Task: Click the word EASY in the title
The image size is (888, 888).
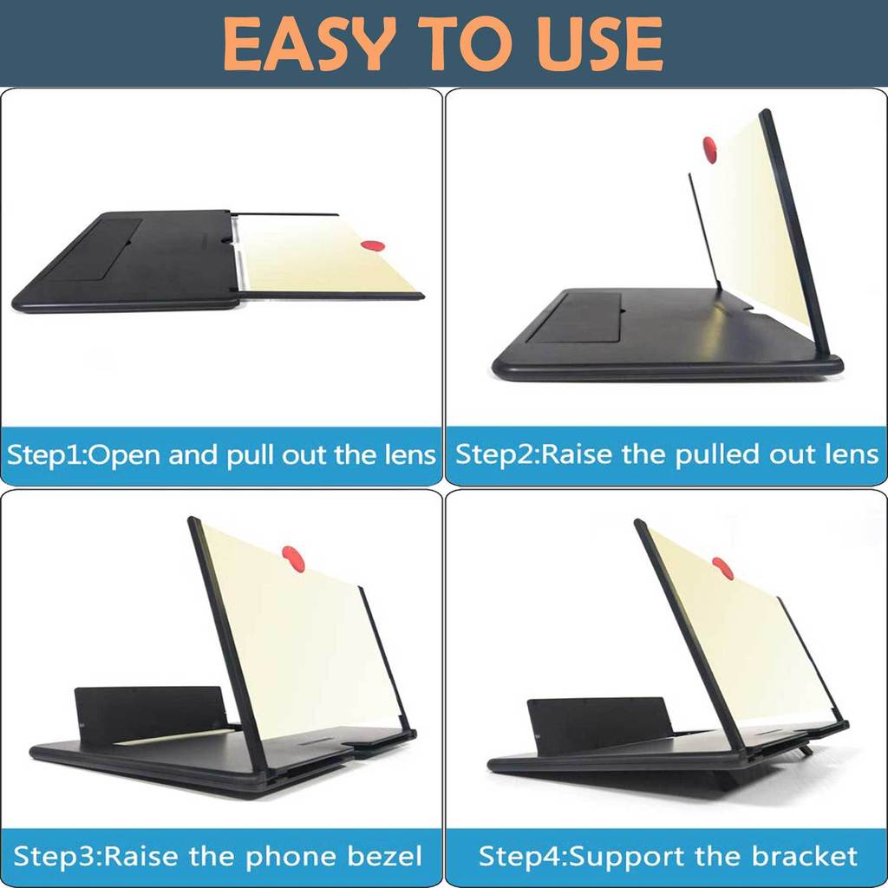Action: click(x=309, y=43)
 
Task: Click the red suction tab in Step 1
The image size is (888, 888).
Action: click(x=372, y=245)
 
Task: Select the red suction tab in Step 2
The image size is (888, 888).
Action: click(x=709, y=149)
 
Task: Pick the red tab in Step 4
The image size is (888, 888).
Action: click(x=722, y=569)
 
